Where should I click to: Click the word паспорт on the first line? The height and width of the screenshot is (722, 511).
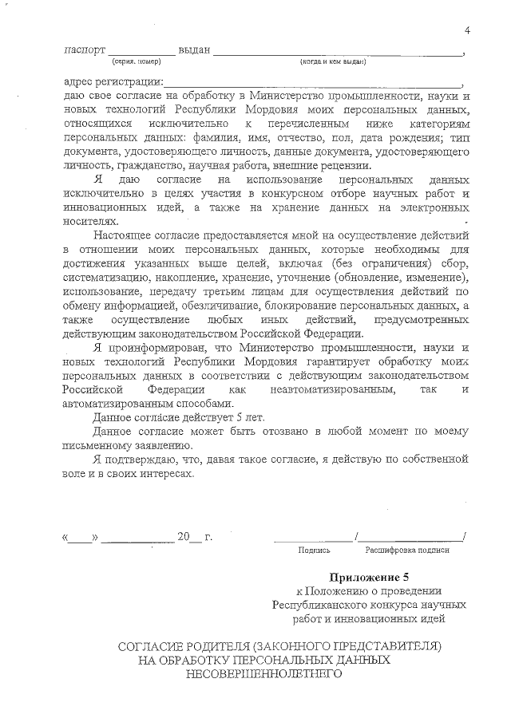84,50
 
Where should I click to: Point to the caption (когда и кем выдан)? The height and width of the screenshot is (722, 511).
333,61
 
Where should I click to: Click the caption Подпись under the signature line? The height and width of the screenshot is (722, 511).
313,550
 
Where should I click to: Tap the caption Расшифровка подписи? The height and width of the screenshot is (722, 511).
407,550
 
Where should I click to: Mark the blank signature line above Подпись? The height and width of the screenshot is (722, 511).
315,539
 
